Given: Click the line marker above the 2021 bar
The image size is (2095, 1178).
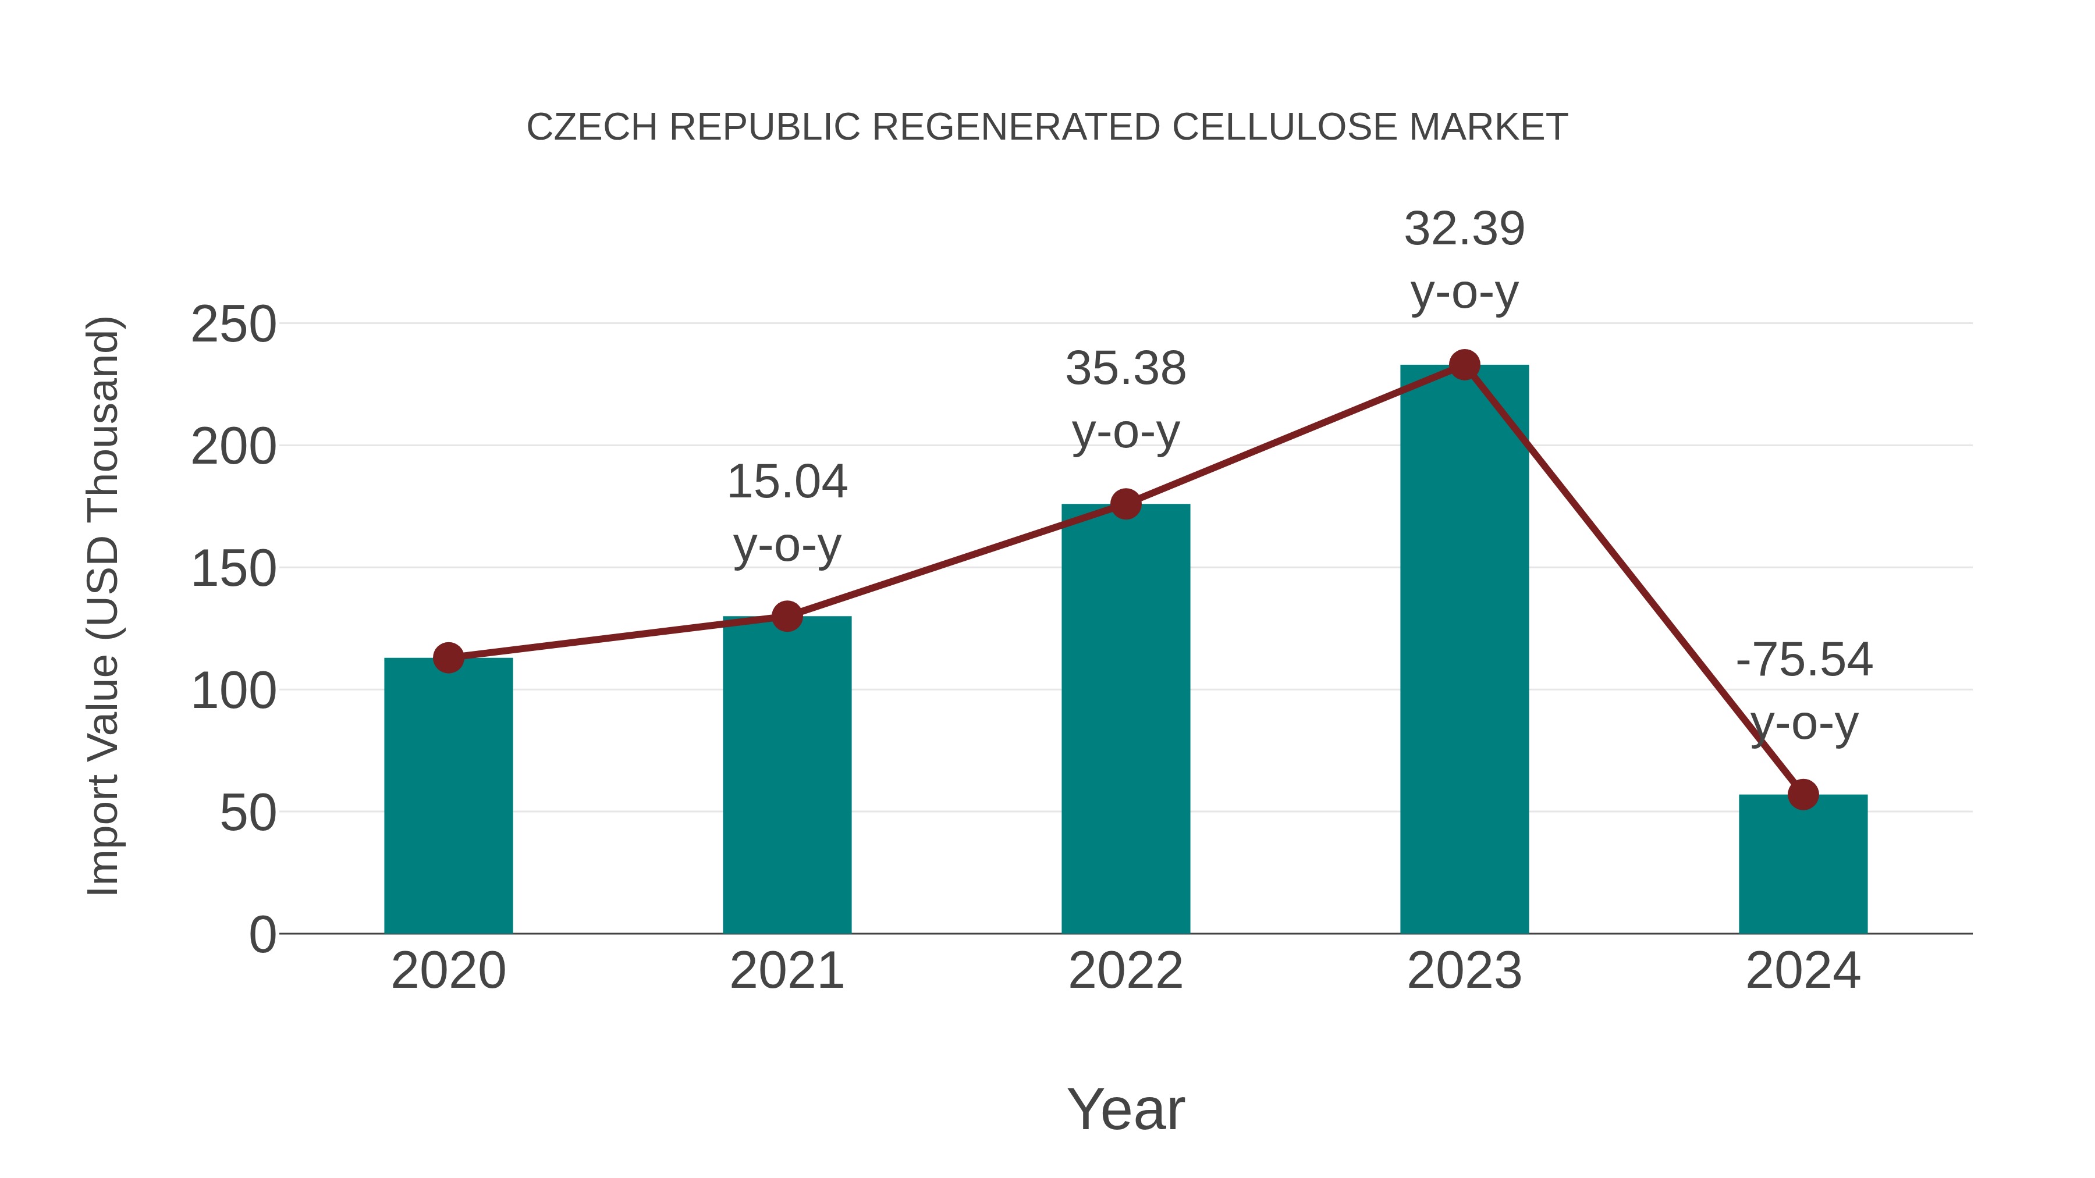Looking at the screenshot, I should point(786,616).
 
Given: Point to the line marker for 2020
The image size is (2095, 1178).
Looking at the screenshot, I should point(448,658).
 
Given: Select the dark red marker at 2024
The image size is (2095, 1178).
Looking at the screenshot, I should point(1803,794).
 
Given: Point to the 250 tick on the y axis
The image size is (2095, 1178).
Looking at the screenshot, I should point(233,325).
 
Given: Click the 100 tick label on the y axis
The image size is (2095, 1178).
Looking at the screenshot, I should point(233,691).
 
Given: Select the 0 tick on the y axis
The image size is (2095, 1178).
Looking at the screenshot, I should point(262,935).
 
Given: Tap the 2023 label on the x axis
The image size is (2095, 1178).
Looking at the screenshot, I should point(1464,971).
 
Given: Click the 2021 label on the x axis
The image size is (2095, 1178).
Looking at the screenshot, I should point(786,971).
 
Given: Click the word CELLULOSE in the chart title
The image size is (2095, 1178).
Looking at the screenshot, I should point(1284,127).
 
